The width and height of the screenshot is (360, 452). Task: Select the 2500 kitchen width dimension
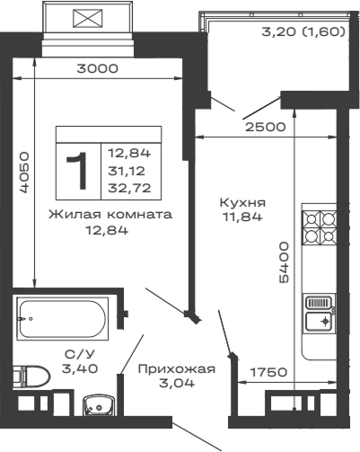point(267,127)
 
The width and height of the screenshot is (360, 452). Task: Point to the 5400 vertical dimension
point(284,261)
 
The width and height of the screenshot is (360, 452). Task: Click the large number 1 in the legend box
point(78,170)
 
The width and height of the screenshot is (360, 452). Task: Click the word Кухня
point(242,202)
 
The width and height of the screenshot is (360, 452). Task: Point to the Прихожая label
point(176,368)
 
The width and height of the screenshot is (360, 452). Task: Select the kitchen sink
point(319,312)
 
